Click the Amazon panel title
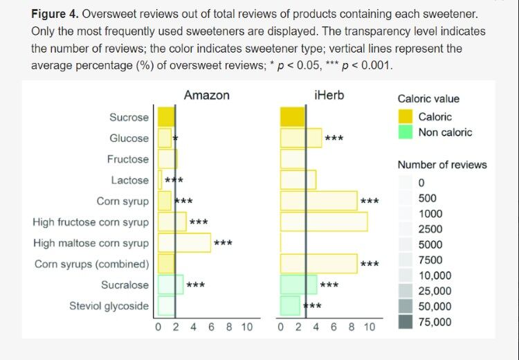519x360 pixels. point(206,96)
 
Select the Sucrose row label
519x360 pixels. point(129,117)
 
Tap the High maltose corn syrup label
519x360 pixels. point(91,243)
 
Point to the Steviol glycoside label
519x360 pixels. point(109,305)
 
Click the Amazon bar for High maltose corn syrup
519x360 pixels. point(184,243)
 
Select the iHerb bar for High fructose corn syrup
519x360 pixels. point(324,222)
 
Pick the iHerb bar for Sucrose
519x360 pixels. point(292,117)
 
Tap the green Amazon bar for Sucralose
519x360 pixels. point(170,285)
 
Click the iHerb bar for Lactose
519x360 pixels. point(298,180)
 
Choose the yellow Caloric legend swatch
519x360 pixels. point(406,117)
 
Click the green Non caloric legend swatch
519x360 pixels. point(406,132)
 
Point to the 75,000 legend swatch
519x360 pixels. point(406,321)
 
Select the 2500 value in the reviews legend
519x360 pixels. point(430,229)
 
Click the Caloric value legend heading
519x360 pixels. point(428,99)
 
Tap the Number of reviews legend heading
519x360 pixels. point(441,165)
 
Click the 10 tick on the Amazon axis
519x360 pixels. point(247,327)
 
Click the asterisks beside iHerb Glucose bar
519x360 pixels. point(334,138)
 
